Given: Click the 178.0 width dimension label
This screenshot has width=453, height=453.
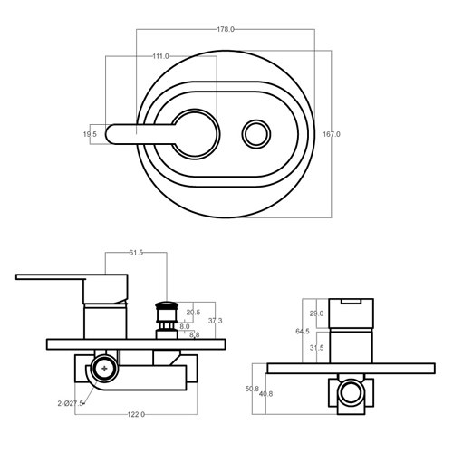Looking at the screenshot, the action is tap(226, 29).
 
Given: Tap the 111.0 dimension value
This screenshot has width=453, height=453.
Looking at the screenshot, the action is tap(160, 56).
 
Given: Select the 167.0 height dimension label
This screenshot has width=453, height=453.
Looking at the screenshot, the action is tap(332, 134).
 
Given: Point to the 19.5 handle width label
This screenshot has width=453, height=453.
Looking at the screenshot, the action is tap(90, 134).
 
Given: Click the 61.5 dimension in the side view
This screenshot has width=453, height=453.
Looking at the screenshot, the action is tap(136, 253).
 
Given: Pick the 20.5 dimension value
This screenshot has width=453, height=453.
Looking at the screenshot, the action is tap(193, 313).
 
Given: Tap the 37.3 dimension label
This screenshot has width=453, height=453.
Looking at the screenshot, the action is tap(215, 321).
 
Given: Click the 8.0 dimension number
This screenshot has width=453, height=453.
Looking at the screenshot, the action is tap(185, 326).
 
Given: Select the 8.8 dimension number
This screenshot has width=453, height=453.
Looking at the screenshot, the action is tap(195, 334).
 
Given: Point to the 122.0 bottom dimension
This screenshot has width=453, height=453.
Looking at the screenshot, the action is tap(136, 415).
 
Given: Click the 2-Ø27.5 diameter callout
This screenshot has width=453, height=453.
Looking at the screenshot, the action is tap(71, 403).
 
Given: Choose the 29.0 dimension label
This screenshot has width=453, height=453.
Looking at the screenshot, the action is tap(316, 313).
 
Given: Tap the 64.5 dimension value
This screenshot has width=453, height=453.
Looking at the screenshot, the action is tap(303, 332).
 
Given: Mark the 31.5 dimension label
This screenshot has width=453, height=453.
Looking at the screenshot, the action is tap(316, 348).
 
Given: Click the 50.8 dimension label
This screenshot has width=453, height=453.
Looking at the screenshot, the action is tap(252, 389).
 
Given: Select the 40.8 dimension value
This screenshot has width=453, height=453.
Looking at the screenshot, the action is tap(265, 394).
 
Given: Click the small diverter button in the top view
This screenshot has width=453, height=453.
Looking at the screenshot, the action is tap(256, 134).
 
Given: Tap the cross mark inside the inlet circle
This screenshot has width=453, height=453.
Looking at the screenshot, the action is tap(104, 369).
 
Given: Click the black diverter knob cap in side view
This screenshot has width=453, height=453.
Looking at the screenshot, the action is tap(167, 304).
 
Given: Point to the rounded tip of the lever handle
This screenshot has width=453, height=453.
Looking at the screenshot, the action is tap(106, 134).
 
